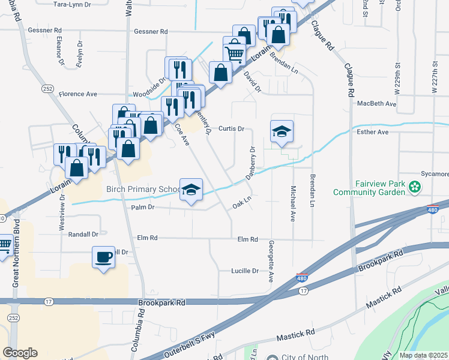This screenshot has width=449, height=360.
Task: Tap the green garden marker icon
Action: (414, 188)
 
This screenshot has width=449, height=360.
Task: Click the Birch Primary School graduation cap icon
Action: (191, 191)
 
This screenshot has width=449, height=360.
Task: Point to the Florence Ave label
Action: (77, 94)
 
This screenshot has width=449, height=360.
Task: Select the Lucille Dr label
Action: (245, 271)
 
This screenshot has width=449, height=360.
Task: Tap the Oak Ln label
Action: (241, 205)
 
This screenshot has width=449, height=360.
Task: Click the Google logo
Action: (20, 352)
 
